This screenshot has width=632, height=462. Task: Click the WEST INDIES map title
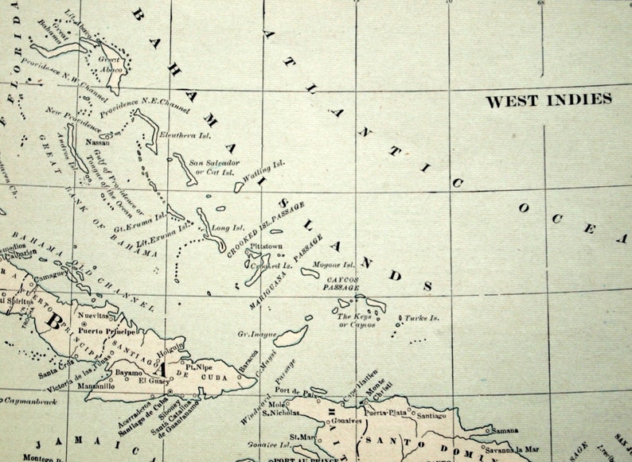(548, 100)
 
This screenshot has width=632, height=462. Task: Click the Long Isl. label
(223, 228)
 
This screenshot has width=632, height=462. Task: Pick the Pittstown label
(266, 247)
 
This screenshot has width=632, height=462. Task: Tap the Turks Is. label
(423, 317)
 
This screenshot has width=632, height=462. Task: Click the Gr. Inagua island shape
(291, 336)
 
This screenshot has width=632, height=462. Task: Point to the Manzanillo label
(100, 386)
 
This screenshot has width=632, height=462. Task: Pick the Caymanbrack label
(27, 402)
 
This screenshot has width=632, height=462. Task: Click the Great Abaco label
(111, 63)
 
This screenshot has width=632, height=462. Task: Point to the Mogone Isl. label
(334, 264)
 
